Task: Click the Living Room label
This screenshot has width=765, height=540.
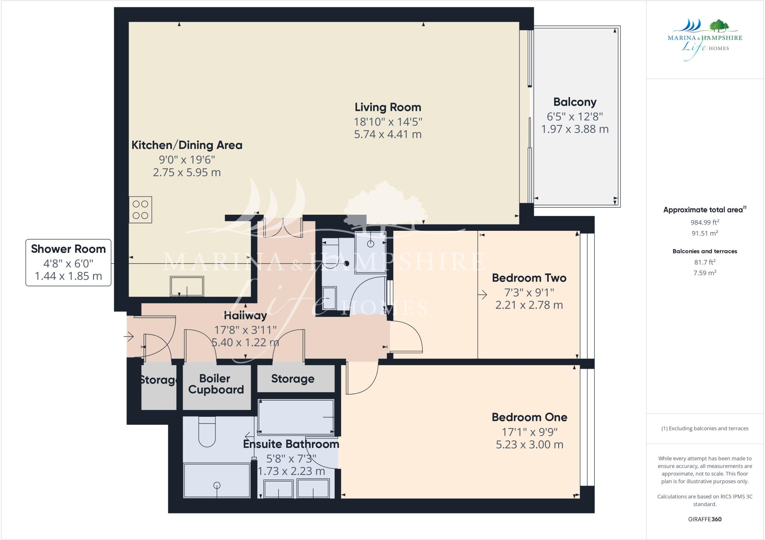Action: coord(388,108)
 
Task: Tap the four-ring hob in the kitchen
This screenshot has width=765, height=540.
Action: coord(140,210)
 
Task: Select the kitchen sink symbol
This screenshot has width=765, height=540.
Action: coord(187,286)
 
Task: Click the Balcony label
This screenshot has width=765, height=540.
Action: coord(574,102)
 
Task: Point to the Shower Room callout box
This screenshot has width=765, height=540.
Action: coord(68,263)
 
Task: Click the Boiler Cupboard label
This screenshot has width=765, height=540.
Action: coord(216,384)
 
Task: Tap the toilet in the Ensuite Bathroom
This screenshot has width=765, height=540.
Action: coord(207,432)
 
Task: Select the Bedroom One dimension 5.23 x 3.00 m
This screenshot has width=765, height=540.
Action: coord(529,445)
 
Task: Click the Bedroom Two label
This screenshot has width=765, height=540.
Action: coord(529,278)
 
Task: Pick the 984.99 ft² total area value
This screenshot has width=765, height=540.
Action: coord(704,223)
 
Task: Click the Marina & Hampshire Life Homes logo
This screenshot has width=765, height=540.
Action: coord(704,39)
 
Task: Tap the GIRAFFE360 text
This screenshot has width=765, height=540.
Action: coord(704,519)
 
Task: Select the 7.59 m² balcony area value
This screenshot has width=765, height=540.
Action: coord(704,273)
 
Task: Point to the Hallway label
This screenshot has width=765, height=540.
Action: coord(245,316)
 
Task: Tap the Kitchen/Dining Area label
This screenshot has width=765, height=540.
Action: coord(187,145)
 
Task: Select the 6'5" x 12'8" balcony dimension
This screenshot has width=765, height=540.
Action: coord(574,117)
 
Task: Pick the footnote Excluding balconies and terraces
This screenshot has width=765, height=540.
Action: coord(704,428)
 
